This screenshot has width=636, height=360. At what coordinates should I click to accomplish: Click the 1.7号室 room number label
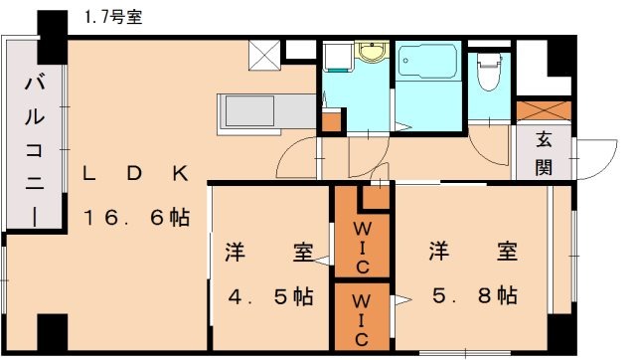coord(111,17)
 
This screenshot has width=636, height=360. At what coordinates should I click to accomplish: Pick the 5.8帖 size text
coord(473,295)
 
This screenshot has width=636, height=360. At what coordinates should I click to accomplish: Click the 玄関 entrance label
coord(544,154)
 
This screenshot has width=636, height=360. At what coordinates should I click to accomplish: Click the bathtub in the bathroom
coord(427,66)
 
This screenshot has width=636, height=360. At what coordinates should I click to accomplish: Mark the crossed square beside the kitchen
coord(263,56)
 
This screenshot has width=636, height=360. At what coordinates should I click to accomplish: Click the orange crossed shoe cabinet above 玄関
coord(542,111)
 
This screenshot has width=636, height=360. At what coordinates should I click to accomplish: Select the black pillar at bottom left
coord(51,332)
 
